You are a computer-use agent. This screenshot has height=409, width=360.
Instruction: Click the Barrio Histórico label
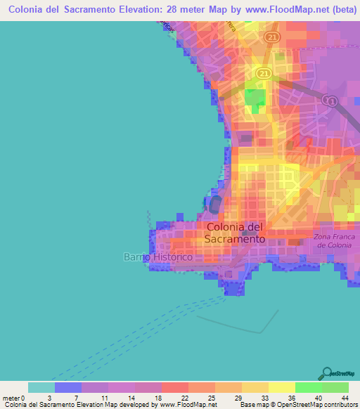158,257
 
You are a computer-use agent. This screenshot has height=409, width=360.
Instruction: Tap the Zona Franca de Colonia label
335,241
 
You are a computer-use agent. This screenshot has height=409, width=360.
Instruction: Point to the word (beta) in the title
339,9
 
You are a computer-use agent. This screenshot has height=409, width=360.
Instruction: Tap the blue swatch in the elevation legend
68,387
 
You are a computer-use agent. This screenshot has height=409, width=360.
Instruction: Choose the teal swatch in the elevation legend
41,387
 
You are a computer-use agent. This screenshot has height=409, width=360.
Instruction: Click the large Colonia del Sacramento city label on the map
236,233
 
